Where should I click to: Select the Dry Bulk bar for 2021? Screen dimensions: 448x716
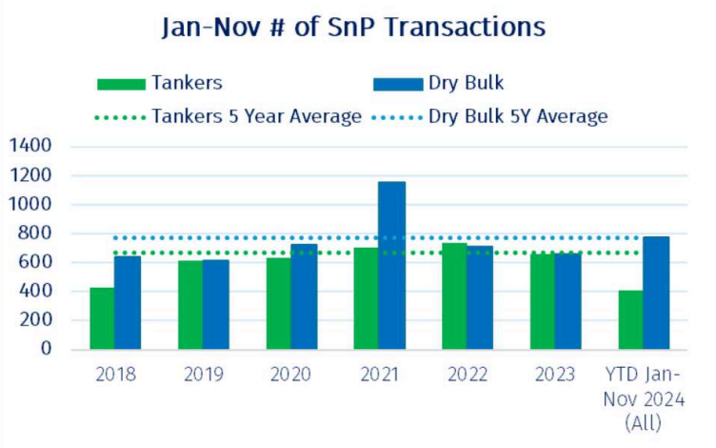coord(390,265)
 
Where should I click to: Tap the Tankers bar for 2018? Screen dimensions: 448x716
coord(102,317)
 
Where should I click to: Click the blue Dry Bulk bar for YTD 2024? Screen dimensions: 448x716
coord(656,293)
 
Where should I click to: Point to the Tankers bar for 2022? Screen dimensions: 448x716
coord(454,295)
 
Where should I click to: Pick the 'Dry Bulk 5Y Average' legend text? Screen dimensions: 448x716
coord(518,116)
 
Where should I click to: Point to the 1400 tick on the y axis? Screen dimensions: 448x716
coord(31,147)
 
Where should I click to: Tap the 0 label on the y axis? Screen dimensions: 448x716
coord(46,349)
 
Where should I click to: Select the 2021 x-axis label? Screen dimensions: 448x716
coord(378,375)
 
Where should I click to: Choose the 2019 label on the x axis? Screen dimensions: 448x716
coord(202,375)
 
